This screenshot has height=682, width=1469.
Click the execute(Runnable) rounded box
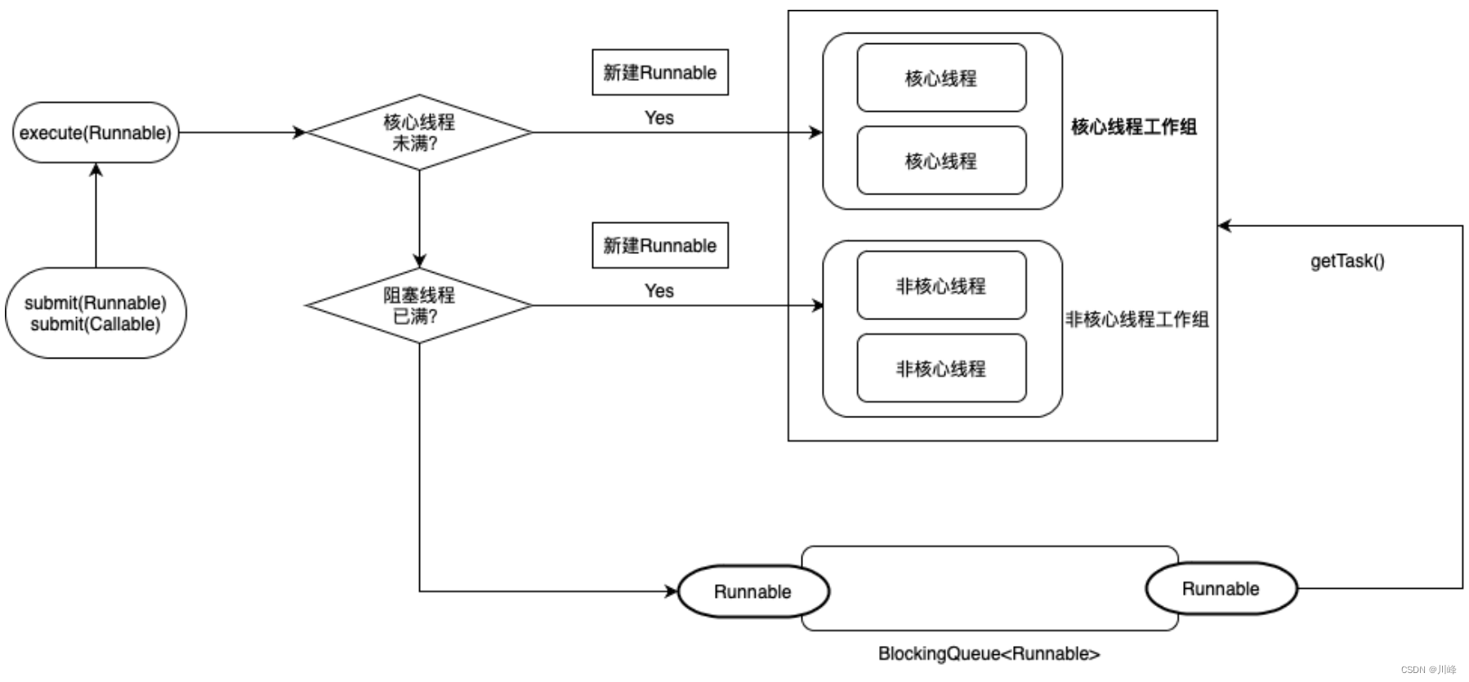pos(96,132)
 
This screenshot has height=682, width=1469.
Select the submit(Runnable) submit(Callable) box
pos(96,314)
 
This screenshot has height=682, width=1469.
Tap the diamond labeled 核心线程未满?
pos(419,132)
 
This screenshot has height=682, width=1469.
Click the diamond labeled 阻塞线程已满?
pos(419,305)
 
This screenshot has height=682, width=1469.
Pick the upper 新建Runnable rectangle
pos(659,73)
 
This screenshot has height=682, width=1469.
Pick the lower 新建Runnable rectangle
pos(659,246)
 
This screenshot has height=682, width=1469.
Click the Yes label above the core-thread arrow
pos(659,118)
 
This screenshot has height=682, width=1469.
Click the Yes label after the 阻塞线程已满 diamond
pos(659,292)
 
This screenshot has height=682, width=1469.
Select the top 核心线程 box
pos(941,78)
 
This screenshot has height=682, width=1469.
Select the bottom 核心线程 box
pos(941,161)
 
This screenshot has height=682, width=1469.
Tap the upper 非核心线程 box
pos(941,286)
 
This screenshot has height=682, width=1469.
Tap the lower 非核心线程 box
pos(941,368)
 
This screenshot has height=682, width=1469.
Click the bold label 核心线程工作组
pos(1133,127)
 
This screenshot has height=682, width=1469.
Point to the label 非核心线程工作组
pos(1136,319)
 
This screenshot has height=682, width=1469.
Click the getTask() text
pos(1347,261)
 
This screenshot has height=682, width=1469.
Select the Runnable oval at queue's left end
pos(752,592)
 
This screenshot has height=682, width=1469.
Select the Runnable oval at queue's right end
pos(1221,589)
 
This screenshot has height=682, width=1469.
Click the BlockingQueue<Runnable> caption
pos(989,654)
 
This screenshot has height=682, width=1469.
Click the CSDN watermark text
pos(1428,670)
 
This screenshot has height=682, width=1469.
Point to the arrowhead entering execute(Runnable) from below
pos(96,169)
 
